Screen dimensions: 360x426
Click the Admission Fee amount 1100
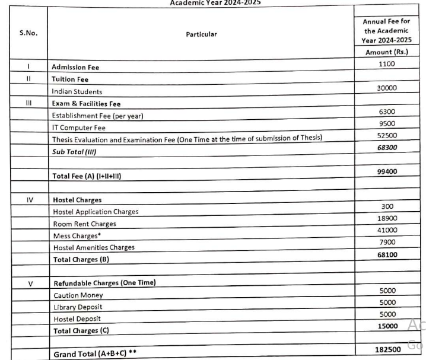(x=387, y=63)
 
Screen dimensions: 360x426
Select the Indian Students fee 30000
(x=387, y=88)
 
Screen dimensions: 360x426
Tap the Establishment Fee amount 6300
(x=387, y=111)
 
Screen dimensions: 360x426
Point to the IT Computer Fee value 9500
(x=387, y=123)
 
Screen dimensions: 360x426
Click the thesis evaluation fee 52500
(x=387, y=135)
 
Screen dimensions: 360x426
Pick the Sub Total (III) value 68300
(x=387, y=147)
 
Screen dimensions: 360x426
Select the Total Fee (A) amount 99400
(x=387, y=171)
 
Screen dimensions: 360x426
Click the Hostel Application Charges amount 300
(x=387, y=206)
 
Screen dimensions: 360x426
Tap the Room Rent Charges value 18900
(x=387, y=218)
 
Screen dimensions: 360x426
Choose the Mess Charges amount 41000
(x=387, y=230)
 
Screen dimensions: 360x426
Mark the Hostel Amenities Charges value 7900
(x=387, y=242)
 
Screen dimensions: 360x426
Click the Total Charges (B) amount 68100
(x=387, y=254)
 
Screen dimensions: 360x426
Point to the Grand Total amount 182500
(x=387, y=349)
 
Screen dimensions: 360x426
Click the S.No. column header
(x=28, y=33)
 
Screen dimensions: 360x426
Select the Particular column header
(x=201, y=34)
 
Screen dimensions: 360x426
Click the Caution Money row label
(x=78, y=295)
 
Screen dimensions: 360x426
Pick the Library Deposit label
(x=78, y=307)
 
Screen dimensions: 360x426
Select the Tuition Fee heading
(x=70, y=79)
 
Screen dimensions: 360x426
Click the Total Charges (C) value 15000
(x=387, y=326)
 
